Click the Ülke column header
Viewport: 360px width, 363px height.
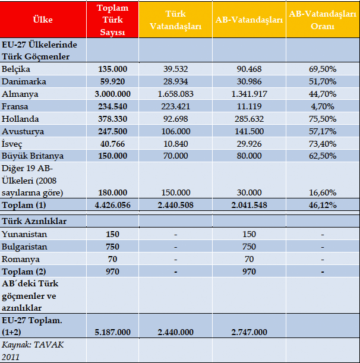click(43, 20)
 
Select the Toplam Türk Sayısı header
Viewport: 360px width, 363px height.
click(112, 20)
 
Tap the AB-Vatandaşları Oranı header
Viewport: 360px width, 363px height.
click(323, 20)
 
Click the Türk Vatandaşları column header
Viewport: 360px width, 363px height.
click(175, 20)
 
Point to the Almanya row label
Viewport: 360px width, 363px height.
click(20, 94)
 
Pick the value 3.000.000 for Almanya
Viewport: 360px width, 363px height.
click(112, 94)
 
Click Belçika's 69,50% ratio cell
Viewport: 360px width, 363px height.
click(323, 69)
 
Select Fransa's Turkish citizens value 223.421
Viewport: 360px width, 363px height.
click(175, 106)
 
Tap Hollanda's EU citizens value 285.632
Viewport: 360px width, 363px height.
click(249, 119)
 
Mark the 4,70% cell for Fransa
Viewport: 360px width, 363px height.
click(323, 106)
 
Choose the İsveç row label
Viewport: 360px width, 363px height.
click(12, 144)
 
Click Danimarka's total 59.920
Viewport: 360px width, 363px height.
click(112, 81)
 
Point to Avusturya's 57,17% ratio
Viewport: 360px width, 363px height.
click(323, 131)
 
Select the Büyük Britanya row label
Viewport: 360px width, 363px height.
click(33, 156)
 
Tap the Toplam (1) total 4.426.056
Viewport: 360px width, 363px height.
click(112, 205)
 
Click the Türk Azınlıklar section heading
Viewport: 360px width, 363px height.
click(34, 221)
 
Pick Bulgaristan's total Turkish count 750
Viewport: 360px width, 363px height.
click(112, 247)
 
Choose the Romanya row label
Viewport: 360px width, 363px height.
click(21, 259)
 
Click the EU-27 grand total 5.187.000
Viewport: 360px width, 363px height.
click(112, 332)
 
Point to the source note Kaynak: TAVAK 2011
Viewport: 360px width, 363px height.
click(33, 351)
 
